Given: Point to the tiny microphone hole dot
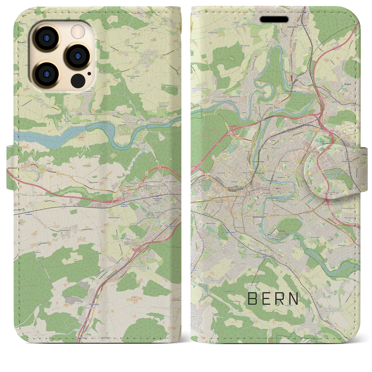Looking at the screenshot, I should pyautogui.click(x=89, y=74).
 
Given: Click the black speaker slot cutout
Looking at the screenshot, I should pyautogui.click(x=274, y=19).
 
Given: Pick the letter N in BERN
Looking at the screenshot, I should pyautogui.click(x=294, y=298).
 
